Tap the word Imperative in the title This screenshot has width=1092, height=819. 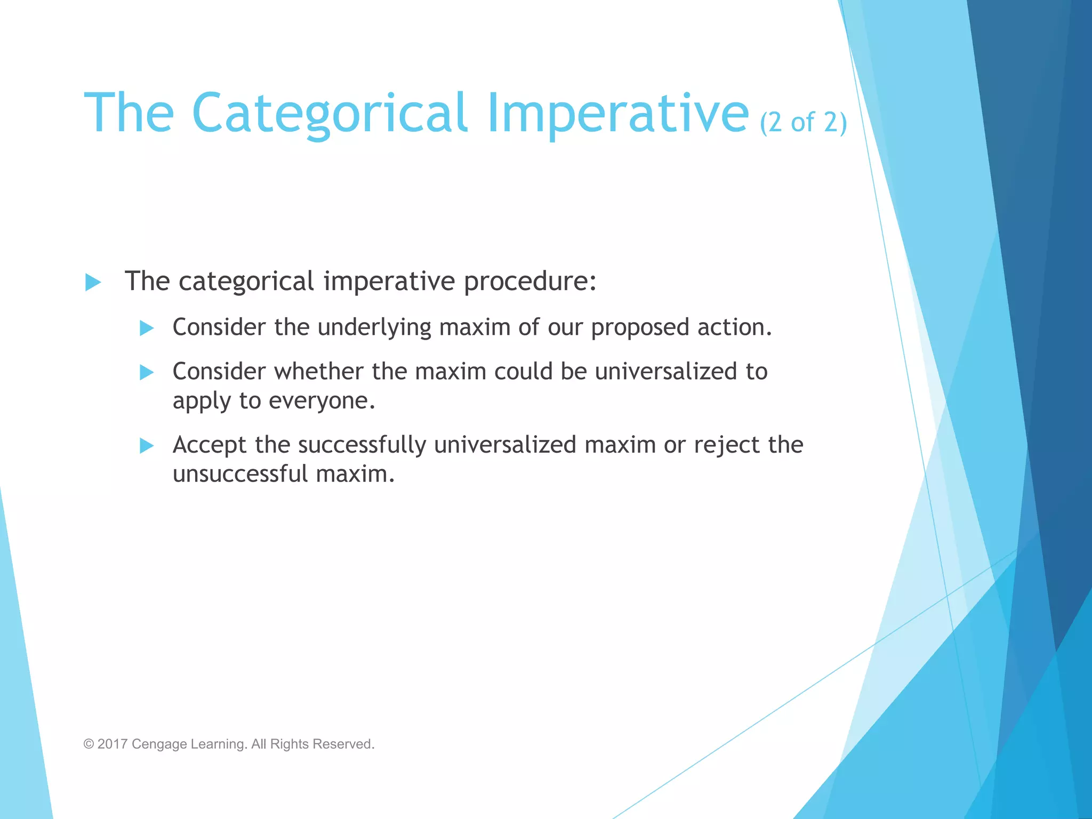coord(617,114)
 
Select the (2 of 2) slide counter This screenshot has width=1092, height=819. coord(803,122)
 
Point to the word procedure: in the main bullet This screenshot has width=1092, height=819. coord(529,282)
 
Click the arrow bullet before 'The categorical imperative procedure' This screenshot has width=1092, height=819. coord(93,282)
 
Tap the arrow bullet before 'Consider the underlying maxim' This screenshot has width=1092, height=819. coord(147,328)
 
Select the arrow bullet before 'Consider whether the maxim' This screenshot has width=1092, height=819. coord(147,372)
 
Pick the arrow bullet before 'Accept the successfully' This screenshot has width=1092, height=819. coord(147,445)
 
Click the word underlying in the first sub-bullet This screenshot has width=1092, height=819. coord(374,327)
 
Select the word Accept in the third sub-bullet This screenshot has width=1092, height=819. coord(210,445)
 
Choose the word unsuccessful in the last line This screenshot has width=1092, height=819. coord(240,474)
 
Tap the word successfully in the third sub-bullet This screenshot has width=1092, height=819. coord(362,445)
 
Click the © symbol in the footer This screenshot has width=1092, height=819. coord(89,744)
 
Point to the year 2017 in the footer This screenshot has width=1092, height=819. coord(112,744)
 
